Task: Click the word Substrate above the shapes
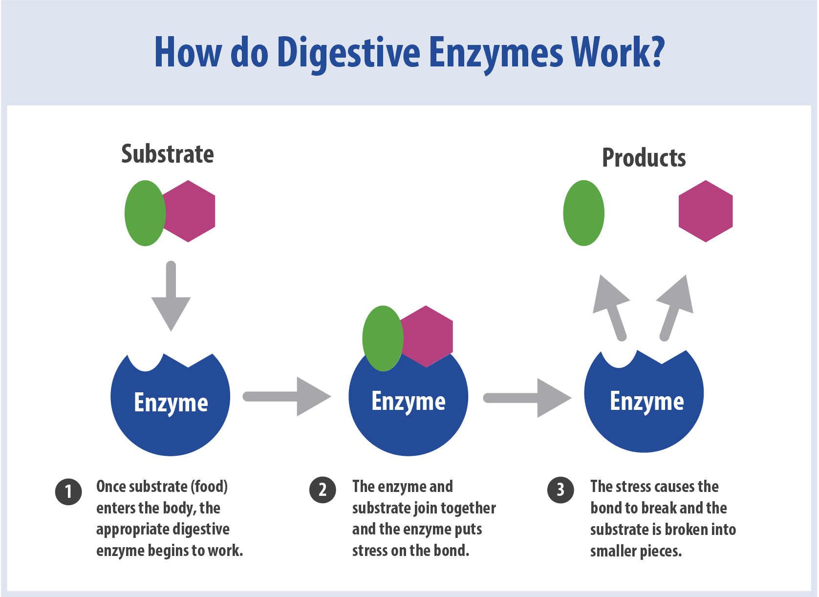(x=167, y=154)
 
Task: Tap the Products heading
(x=644, y=158)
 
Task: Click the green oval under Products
(x=583, y=213)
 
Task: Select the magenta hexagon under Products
(x=706, y=211)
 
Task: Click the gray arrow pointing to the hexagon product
(x=675, y=306)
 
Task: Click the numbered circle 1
(x=68, y=491)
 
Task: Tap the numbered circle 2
(x=323, y=490)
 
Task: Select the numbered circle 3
(x=560, y=490)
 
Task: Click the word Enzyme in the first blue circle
(x=171, y=403)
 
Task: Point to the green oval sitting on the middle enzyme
(x=382, y=339)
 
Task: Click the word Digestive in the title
(x=348, y=53)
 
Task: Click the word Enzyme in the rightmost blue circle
(x=647, y=402)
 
